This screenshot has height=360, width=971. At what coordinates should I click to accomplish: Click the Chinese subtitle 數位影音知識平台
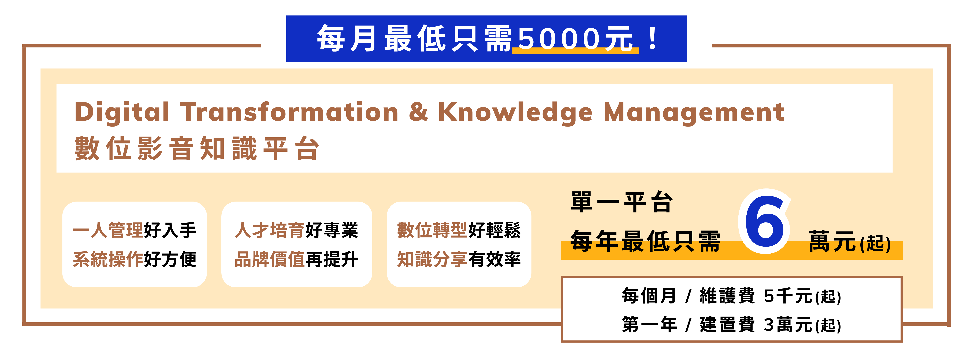(197, 149)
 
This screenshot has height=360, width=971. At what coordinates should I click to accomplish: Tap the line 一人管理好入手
(135, 230)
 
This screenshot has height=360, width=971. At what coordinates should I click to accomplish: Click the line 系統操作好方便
(135, 259)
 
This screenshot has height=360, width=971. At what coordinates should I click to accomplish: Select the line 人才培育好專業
(296, 230)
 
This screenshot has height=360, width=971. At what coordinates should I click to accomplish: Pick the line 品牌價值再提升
(296, 259)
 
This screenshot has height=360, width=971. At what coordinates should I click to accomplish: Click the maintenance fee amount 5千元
(788, 296)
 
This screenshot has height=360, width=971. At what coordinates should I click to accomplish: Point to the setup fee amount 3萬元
(788, 325)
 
